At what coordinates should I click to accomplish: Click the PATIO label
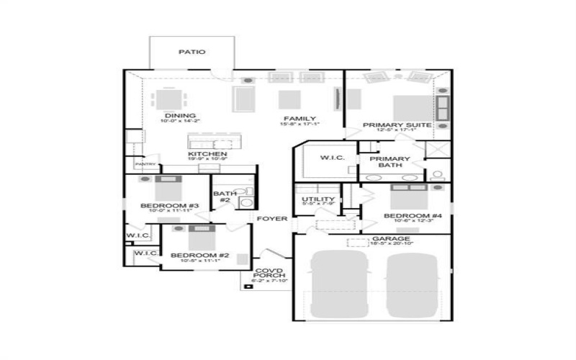(x=192, y=52)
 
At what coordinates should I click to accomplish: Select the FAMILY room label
(x=299, y=119)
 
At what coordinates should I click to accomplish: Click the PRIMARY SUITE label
(x=397, y=125)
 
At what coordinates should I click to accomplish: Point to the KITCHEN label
(x=207, y=154)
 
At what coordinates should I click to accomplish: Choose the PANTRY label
(x=145, y=164)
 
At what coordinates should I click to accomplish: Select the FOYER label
(x=273, y=218)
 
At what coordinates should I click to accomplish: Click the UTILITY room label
(x=318, y=199)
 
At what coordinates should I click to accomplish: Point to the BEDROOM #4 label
(x=412, y=216)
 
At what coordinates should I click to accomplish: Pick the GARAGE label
(x=391, y=238)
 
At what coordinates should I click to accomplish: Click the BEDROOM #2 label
(x=194, y=256)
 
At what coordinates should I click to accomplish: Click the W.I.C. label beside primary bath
(x=333, y=158)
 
